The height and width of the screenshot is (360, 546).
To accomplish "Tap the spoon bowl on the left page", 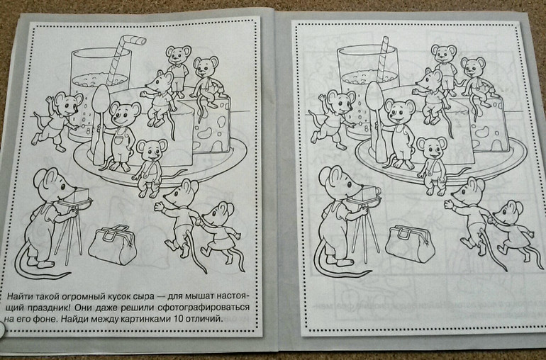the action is pos(101,99).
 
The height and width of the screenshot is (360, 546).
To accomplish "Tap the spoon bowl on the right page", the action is pos(374,96).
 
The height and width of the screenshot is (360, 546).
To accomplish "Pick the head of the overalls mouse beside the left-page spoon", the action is pos(123,113).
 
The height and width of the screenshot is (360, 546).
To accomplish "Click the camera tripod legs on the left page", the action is pos(69,234).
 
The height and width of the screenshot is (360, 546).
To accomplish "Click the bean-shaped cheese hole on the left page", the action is pos(204,133).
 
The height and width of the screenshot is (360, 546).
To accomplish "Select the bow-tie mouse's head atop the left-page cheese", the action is pos(179,53).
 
